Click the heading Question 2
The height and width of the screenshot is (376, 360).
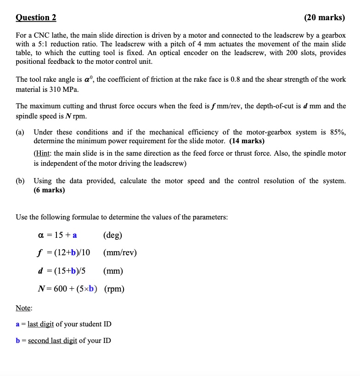coord(36,17)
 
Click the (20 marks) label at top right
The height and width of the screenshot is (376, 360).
coord(325,17)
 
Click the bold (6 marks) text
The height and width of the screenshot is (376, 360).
coord(49,190)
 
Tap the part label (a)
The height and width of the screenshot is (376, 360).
coord(20,132)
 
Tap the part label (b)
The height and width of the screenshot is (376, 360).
coord(20,181)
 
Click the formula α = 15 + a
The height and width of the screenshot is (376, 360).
coord(57,235)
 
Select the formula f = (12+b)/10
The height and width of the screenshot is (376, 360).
coord(64,253)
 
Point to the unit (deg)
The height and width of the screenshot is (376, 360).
coord(112,235)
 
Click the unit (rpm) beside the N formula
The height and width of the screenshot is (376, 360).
coord(114,289)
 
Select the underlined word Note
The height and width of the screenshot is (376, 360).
coord(23,308)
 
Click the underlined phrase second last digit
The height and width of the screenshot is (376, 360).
coord(52,341)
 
